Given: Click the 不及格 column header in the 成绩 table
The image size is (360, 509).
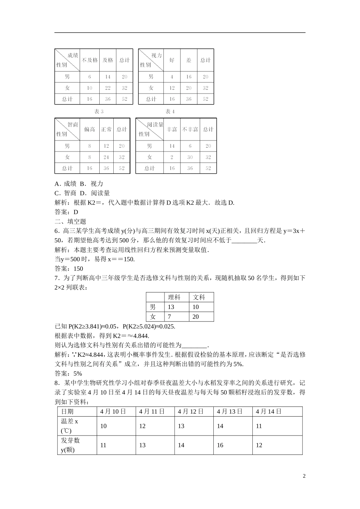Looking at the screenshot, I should (x=90, y=60).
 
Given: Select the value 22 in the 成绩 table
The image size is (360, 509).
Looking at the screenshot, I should (x=108, y=88).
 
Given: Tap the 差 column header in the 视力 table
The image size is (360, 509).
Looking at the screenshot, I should (x=189, y=60).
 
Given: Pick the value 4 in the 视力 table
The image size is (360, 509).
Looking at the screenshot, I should (x=172, y=77).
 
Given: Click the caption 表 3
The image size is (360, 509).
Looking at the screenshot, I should (x=99, y=112).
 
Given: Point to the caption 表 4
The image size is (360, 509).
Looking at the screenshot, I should (x=170, y=112).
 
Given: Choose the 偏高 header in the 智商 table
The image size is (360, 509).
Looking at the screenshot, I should (x=90, y=130).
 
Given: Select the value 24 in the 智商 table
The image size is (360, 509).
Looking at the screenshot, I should (x=106, y=157).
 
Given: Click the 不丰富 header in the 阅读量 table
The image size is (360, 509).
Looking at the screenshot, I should (x=190, y=130).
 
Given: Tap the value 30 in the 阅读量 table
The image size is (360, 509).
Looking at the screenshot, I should (x=190, y=157).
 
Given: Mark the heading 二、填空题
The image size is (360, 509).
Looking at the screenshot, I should (x=71, y=222).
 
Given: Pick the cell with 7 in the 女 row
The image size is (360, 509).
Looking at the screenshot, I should (x=169, y=317).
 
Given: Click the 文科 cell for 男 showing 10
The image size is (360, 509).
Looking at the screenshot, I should (x=196, y=307).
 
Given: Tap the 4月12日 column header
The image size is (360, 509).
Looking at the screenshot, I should (x=191, y=412).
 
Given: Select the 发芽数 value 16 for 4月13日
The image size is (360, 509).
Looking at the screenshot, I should (x=220, y=445).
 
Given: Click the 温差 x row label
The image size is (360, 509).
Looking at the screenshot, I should (x=69, y=426).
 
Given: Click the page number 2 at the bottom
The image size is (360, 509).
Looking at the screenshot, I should (x=304, y=476).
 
